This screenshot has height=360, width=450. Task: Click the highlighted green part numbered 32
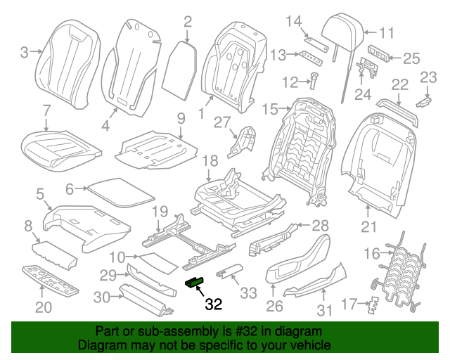pos(193,282)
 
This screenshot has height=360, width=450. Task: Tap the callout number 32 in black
pos(214,304)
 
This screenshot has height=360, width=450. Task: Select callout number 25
pos(411,58)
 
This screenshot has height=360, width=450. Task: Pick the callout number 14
pos(292,20)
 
